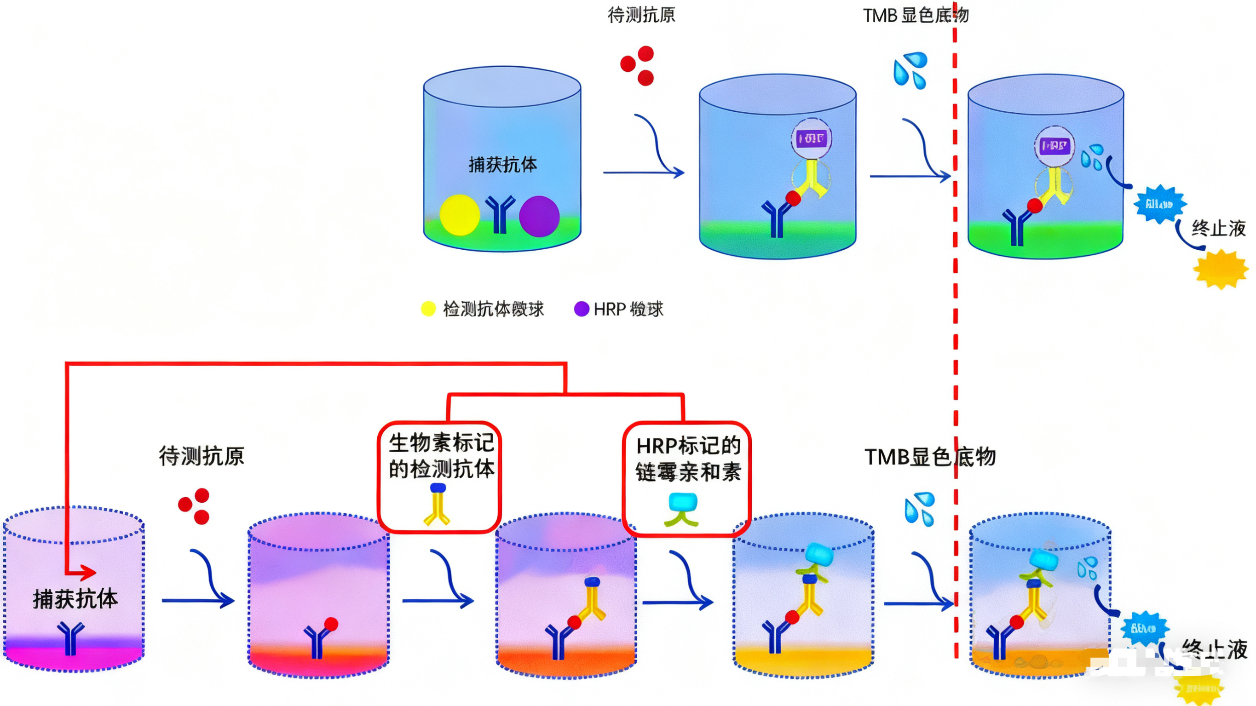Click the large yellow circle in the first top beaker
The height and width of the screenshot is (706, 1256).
pyautogui.click(x=459, y=215)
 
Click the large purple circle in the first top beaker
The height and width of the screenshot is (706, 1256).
pyautogui.click(x=539, y=216)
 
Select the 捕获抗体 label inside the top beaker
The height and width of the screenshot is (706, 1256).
pyautogui.click(x=503, y=165)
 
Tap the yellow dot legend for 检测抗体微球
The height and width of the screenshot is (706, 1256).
pyautogui.click(x=428, y=309)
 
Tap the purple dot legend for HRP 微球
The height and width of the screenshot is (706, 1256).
pyautogui.click(x=581, y=309)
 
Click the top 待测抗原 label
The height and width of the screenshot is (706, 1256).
pyautogui.click(x=641, y=15)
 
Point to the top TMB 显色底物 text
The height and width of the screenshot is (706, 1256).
pyautogui.click(x=916, y=15)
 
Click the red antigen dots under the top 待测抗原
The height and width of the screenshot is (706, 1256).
pyautogui.click(x=638, y=65)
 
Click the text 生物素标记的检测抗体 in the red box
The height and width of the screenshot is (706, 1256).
pyautogui.click(x=441, y=456)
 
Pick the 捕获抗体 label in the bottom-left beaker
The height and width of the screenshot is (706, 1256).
pyautogui.click(x=75, y=599)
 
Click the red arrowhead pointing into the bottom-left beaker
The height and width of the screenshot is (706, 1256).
pyautogui.click(x=88, y=573)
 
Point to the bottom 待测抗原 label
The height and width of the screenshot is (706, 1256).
pyautogui.click(x=202, y=456)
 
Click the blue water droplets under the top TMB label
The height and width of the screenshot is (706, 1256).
pyautogui.click(x=910, y=70)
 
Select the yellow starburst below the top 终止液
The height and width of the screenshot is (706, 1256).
pyautogui.click(x=1221, y=269)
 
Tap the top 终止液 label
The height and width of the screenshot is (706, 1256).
pyautogui.click(x=1218, y=228)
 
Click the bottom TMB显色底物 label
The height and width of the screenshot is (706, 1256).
pyautogui.click(x=930, y=457)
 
